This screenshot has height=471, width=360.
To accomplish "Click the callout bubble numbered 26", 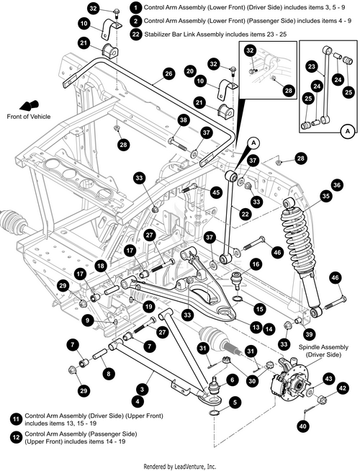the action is pos(168,73).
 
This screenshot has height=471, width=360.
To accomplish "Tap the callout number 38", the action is pos(183,120).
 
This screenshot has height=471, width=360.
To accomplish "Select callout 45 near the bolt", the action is pos(216,192).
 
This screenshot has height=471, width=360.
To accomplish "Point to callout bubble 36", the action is pos(337,185).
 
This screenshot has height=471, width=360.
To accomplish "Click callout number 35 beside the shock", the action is pos(325,196).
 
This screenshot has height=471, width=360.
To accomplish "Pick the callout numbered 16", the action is pos(256,264).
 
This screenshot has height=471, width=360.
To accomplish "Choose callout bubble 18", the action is pos(102,266).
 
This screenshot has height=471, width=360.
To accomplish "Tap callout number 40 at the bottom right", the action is pos(303,426).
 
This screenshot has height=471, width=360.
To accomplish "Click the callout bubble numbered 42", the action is pos(343,388).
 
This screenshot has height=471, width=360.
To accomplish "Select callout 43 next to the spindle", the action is pos(329,379).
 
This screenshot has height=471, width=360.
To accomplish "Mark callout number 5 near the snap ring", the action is pos(235,403).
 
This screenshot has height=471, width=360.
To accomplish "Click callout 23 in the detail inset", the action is pos(312,66).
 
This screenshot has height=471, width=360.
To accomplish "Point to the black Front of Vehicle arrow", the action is pos(29,106).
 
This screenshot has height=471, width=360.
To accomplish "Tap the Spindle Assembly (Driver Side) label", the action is pos(323,351).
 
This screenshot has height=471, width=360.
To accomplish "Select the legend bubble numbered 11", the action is pos(16,419).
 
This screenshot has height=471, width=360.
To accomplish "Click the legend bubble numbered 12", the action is pos(16,437).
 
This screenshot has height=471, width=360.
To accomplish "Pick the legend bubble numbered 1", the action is pos(136,7).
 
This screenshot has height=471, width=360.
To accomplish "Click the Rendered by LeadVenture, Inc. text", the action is pos(179,467).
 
